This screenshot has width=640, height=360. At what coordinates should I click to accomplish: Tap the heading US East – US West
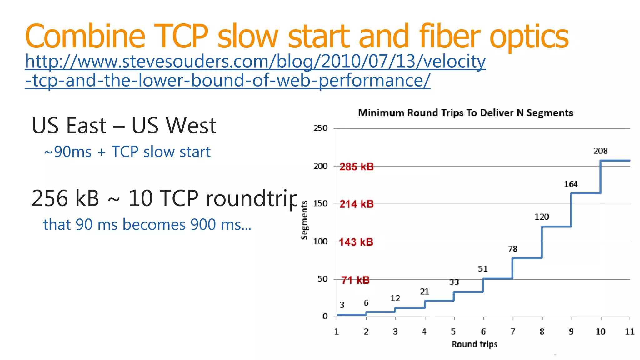click(x=124, y=126)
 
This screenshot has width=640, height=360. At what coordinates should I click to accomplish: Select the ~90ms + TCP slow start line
click(x=127, y=152)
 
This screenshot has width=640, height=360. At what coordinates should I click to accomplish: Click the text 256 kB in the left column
click(x=65, y=198)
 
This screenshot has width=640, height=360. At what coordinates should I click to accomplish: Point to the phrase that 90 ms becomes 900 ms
click(x=147, y=225)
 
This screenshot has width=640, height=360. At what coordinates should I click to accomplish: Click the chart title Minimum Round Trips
click(x=465, y=113)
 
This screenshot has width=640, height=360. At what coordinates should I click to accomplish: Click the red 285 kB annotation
click(x=357, y=167)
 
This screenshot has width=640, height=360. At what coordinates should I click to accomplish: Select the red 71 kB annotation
click(x=355, y=280)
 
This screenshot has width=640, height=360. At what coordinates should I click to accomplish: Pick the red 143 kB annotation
click(x=356, y=242)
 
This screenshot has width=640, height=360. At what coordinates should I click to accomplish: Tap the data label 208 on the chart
click(x=601, y=151)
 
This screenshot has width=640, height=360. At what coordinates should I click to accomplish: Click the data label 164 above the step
click(x=571, y=184)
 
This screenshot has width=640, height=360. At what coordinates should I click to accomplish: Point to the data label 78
click(x=512, y=249)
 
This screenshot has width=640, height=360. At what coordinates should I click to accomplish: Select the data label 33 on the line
click(x=454, y=282)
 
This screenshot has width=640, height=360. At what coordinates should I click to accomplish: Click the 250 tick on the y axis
click(x=321, y=128)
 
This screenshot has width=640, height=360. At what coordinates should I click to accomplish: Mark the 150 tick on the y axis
click(x=321, y=204)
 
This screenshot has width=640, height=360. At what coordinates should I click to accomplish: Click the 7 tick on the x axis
click(x=513, y=332)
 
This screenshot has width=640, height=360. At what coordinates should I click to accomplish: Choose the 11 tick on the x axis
click(x=629, y=332)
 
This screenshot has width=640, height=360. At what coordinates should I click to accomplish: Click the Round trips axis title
click(x=474, y=344)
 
